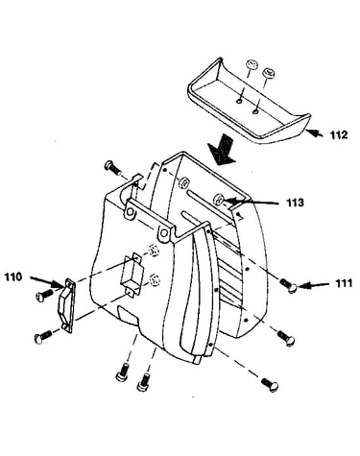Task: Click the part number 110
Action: pos(13,276)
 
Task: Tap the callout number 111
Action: pos(344,283)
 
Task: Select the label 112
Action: pos(339,134)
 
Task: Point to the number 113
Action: pos(295,203)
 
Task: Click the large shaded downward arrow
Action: pos(222,150)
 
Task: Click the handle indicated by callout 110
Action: pos(66,306)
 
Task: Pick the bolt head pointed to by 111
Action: pos(292,288)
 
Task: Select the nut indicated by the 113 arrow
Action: pos(218,200)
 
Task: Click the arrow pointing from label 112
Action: pos(314,132)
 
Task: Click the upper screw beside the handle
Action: pos(43,295)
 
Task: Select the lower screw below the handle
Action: pos(42,337)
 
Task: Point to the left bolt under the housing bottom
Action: pos(122,372)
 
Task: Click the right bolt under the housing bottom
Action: pos(144,382)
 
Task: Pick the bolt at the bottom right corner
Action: pos(270,385)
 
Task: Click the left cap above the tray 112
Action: pos(252,64)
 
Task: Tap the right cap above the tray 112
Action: pos(267,73)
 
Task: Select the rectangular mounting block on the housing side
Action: pos(132,274)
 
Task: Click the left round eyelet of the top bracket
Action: pos(131,211)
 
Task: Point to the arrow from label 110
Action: pos(47,281)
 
